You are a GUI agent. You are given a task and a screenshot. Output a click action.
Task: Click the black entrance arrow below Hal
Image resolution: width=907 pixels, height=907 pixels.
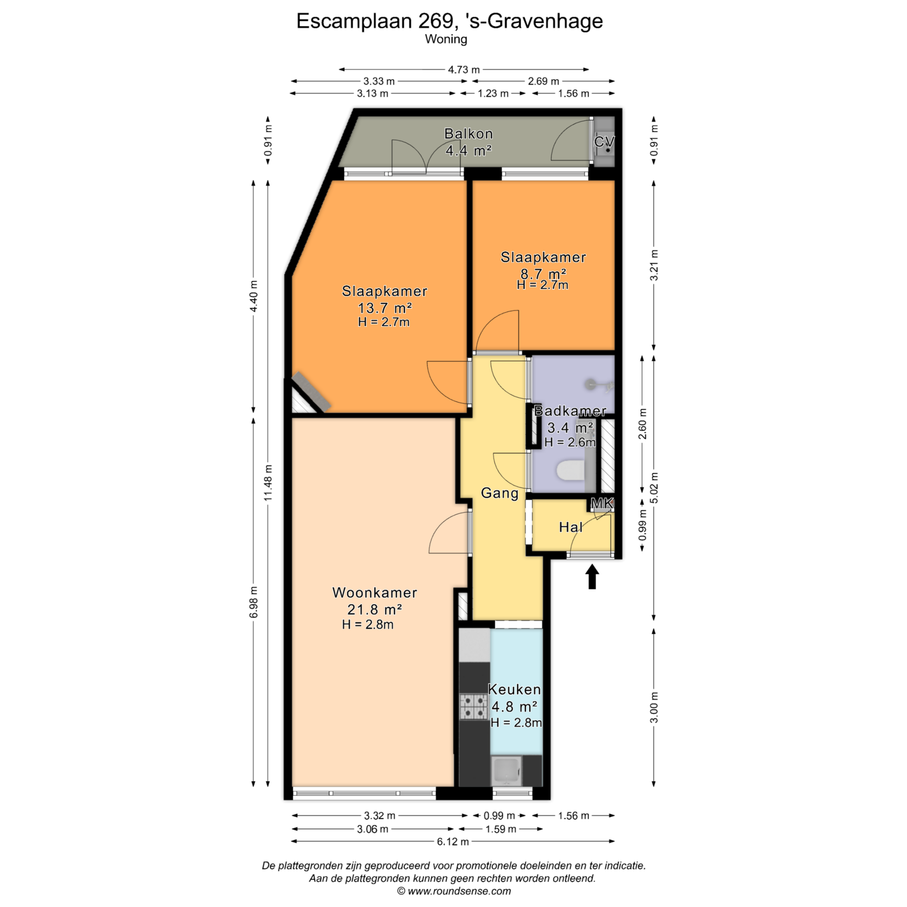tap(592, 577)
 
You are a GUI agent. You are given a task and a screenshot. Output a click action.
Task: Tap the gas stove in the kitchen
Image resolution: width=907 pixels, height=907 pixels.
tap(474, 706)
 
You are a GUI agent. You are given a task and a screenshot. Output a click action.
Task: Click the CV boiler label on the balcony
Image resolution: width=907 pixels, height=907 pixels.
tap(604, 141)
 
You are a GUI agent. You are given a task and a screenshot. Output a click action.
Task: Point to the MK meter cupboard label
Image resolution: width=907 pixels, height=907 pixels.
tap(602, 504)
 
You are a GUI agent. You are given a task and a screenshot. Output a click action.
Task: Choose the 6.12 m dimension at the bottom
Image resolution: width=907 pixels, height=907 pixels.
tap(453, 841)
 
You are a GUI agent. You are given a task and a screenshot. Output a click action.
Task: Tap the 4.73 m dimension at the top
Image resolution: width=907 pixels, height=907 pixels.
tap(463, 70)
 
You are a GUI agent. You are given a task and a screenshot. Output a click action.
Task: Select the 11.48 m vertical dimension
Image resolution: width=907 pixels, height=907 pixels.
tap(268, 482)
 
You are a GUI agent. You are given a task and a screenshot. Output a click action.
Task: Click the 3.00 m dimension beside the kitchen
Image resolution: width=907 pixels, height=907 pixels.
tap(654, 707)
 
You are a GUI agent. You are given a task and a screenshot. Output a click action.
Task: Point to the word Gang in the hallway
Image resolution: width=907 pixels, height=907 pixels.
tap(499, 494)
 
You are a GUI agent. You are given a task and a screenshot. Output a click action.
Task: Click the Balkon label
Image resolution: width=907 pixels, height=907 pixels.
tap(468, 134)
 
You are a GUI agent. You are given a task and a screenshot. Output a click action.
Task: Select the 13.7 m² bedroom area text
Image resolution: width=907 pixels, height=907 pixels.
tap(385, 308)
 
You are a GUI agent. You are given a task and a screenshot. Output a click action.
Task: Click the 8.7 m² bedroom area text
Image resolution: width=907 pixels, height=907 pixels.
tap(543, 274)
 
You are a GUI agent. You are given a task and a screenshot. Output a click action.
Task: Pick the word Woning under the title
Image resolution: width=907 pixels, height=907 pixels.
tap(446, 39)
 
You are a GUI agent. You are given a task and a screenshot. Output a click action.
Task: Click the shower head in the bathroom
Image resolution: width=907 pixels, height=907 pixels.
tap(591, 384)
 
